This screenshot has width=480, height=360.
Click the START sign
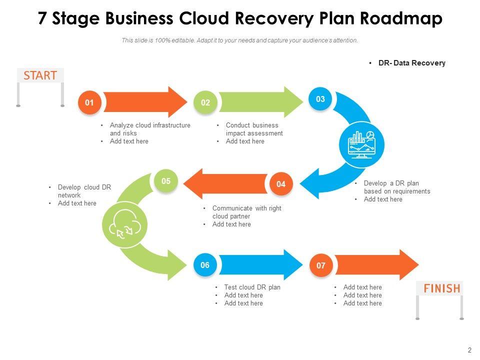pos(40,75)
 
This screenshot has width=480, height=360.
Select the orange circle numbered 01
pos(89,103)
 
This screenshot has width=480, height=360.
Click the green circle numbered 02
pos(205,103)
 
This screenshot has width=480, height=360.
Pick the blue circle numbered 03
pos(320,99)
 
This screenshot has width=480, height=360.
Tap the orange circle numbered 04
pos(281,184)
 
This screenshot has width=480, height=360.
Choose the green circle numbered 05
pos(166,181)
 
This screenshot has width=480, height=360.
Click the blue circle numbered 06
pos(205,265)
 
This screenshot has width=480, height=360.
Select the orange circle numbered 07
pos(321,265)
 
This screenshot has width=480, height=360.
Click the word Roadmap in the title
pos(401,19)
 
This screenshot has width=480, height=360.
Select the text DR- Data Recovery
pos(411,63)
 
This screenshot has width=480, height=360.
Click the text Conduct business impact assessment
pos(254,129)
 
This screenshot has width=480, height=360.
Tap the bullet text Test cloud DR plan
pos(252,287)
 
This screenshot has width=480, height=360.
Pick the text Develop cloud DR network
pos(84,191)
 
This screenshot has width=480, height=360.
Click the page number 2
pos(469,350)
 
